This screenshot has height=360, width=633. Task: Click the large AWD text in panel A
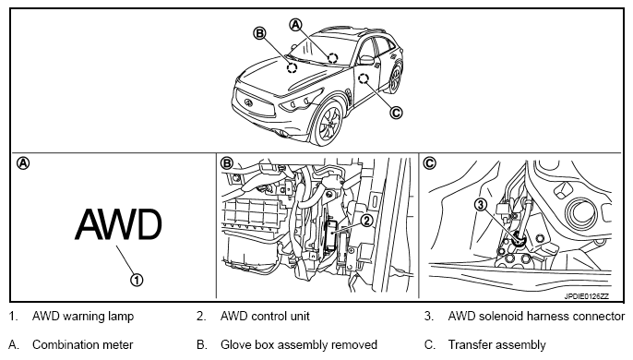[118, 224]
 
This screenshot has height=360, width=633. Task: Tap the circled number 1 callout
[137, 280]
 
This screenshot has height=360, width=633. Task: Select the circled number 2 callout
[366, 221]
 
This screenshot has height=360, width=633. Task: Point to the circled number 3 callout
[481, 205]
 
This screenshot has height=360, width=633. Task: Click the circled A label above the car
[296, 25]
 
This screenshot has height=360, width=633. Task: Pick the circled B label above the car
[259, 33]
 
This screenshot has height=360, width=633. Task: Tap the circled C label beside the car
[396, 113]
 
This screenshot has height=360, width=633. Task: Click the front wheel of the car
[328, 124]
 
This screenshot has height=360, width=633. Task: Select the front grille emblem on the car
[248, 102]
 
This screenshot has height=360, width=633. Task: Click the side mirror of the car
[366, 60]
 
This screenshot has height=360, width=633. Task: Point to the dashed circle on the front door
[364, 78]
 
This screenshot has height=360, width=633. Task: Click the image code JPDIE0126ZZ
[586, 296]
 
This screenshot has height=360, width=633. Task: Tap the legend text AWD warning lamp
[83, 316]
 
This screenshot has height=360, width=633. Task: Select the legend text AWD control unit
[265, 316]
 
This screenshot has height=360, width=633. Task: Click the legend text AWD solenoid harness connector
[536, 316]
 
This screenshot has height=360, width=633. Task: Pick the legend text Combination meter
[82, 344]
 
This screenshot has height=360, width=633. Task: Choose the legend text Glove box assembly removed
[299, 344]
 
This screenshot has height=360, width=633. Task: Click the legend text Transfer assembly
[497, 344]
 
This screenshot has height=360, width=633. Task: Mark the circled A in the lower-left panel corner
[23, 163]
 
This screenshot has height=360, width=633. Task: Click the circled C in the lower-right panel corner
[430, 162]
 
